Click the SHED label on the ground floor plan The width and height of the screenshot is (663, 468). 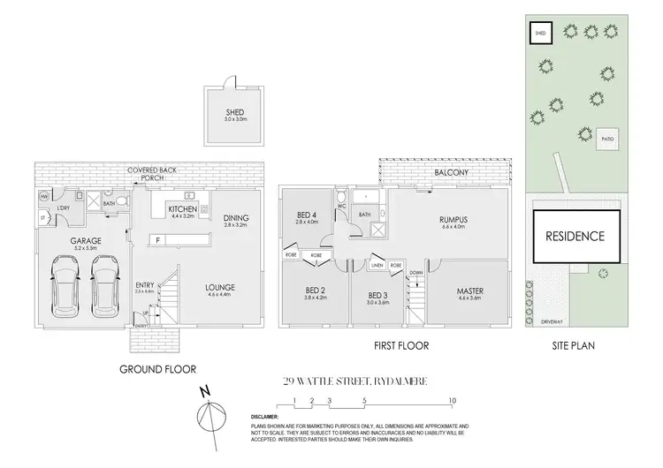click(x=234, y=112)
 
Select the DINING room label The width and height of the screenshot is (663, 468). click(x=236, y=218)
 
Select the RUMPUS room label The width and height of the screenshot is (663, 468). click(x=453, y=220)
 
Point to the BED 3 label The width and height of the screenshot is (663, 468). click(x=378, y=294)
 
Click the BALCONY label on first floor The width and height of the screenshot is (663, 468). click(x=451, y=173)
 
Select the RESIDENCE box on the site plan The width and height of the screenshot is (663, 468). click(x=574, y=236)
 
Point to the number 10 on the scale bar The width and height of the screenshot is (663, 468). click(x=452, y=399)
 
